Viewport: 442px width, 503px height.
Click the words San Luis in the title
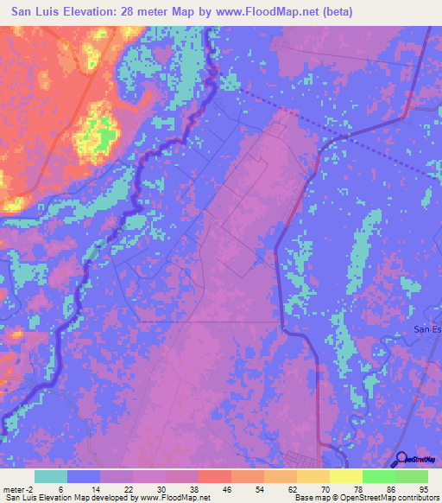[x=37, y=12]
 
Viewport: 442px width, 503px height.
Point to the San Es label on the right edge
[x=427, y=328]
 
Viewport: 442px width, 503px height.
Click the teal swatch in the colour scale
[x=51, y=476]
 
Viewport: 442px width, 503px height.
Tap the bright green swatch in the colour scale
[x=379, y=476]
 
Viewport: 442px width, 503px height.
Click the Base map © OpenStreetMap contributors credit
[x=367, y=498]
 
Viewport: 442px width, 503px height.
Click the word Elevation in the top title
[x=98, y=12]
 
